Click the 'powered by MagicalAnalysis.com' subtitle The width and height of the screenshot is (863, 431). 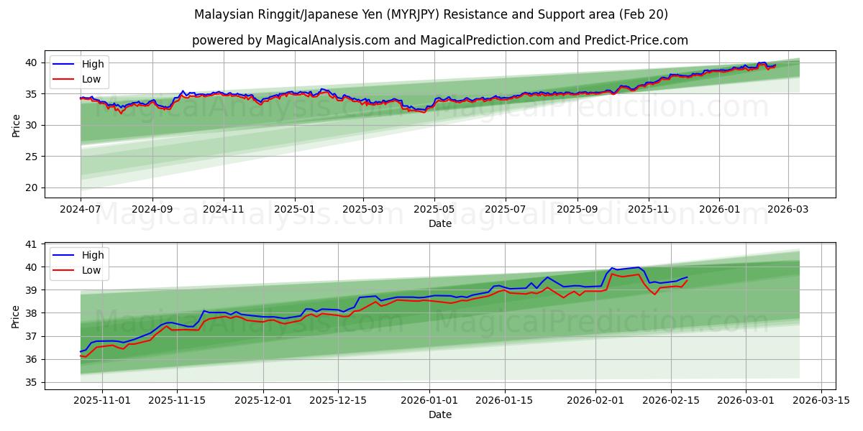[x=439, y=40]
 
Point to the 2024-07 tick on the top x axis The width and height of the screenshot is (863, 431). [x=81, y=209]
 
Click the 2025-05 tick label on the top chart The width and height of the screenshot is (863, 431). [x=434, y=209]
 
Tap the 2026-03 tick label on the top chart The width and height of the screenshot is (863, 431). [x=788, y=209]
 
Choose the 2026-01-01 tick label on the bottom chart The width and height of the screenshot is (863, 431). [x=429, y=400]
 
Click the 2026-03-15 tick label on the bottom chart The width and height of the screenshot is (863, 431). [x=821, y=400]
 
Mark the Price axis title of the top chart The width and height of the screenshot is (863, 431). [x=16, y=124]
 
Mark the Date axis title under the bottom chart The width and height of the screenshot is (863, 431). [x=439, y=414]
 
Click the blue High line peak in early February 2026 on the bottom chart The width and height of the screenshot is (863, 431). [x=638, y=267]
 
